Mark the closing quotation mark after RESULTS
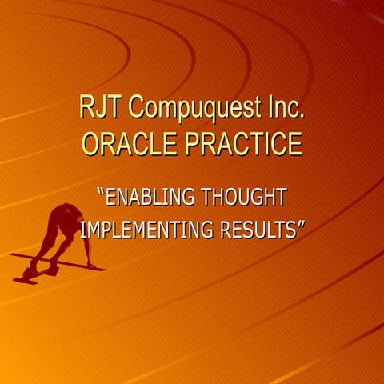pos(302,226)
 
